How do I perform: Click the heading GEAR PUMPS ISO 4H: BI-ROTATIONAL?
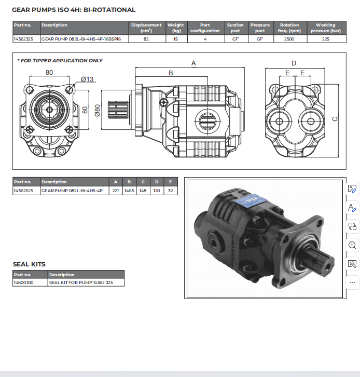point(74,9)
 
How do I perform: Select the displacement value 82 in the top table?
point(146,39)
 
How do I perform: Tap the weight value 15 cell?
point(175,39)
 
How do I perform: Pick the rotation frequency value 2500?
point(289,39)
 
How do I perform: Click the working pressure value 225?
point(325,39)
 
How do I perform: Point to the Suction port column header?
point(235,28)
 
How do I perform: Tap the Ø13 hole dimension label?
point(88,79)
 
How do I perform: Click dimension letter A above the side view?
point(193,63)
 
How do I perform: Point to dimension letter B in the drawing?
point(171,73)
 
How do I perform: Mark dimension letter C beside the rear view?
point(335,118)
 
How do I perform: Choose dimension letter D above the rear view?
point(294,63)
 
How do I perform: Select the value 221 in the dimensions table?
point(116,191)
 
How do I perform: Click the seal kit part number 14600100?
point(24,282)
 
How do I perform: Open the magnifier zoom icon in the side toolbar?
point(352,245)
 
